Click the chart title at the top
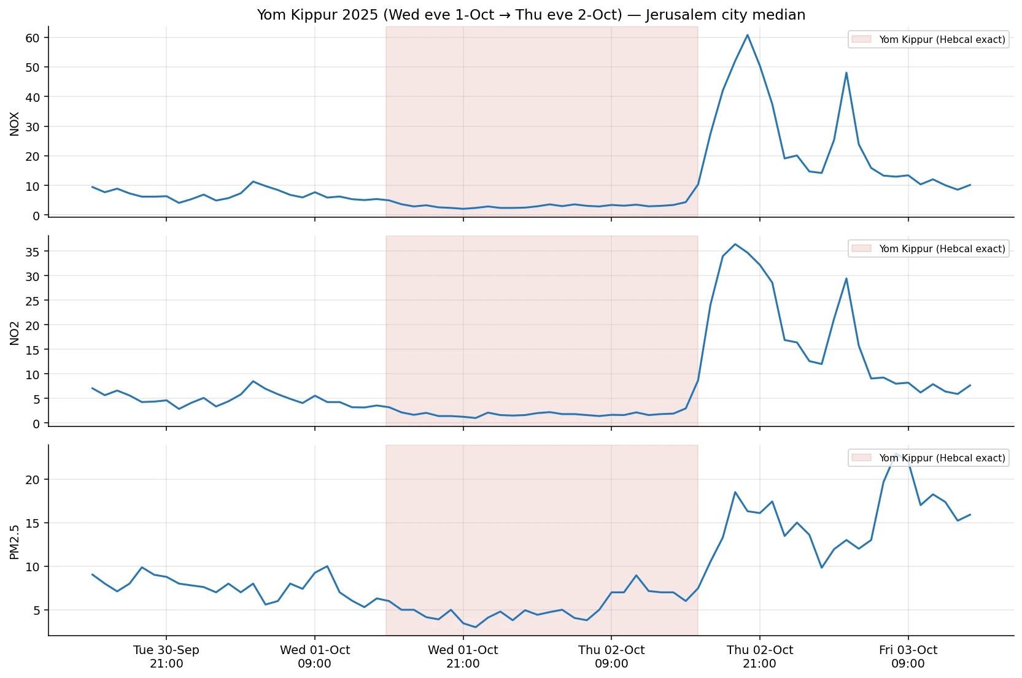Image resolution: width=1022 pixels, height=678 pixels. tap(531, 15)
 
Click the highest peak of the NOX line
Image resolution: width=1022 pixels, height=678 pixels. tap(747, 35)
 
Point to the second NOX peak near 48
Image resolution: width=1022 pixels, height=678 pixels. tap(846, 73)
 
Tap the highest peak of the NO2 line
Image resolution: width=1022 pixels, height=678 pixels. tap(735, 244)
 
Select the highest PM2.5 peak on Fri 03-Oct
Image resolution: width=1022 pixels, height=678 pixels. tap(896, 453)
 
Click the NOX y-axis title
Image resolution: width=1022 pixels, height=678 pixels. tap(15, 123)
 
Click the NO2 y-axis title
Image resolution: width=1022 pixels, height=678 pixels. tap(15, 333)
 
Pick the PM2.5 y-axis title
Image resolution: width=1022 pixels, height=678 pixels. tap(15, 542)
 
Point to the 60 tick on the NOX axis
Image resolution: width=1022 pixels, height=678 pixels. tap(33, 38)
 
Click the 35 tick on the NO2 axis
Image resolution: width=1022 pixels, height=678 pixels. tap(33, 252)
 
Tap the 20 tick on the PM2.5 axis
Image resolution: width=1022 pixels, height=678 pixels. tap(33, 480)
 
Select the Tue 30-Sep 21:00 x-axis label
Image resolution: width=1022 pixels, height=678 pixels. tap(166, 657)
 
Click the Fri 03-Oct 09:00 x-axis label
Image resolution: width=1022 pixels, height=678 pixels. tap(908, 657)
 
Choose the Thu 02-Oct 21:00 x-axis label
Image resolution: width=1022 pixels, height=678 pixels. tap(759, 657)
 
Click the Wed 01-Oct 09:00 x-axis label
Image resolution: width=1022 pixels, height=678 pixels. tap(315, 657)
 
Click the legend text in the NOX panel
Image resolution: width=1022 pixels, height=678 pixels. tap(942, 40)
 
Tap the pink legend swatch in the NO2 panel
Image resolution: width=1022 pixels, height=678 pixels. tap(861, 248)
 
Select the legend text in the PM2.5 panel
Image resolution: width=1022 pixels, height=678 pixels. tap(942, 458)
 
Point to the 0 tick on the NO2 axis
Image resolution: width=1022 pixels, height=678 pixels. tap(36, 424)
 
